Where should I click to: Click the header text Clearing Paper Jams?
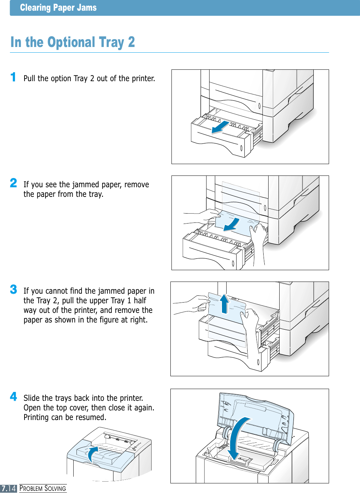click(x=58, y=8)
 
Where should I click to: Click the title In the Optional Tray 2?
click(x=73, y=42)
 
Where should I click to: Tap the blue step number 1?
click(x=13, y=77)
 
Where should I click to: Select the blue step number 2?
click(x=14, y=183)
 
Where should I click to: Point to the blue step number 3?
click(x=14, y=289)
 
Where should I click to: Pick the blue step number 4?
click(x=14, y=396)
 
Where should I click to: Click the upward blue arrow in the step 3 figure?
click(x=224, y=303)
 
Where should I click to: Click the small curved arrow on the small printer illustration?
click(x=93, y=454)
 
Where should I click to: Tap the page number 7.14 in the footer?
click(x=9, y=488)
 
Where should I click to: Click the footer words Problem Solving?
click(x=43, y=488)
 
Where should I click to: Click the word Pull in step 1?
click(x=30, y=78)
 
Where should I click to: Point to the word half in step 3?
click(x=140, y=300)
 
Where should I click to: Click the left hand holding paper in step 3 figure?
click(x=194, y=305)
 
